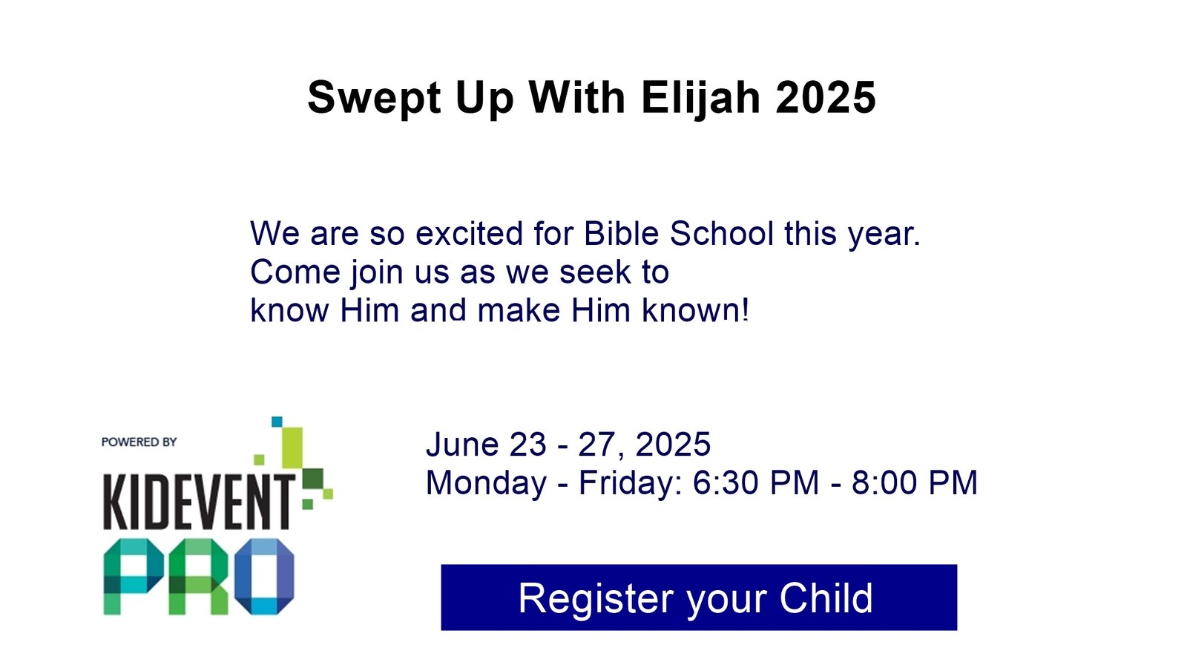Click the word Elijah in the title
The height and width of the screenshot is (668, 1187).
701,97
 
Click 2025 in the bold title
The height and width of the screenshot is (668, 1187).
826,97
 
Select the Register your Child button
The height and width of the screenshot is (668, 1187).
699,597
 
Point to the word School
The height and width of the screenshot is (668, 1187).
721,233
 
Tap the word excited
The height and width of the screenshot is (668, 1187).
469,233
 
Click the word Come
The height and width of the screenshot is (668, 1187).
295,272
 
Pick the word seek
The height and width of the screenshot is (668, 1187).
595,272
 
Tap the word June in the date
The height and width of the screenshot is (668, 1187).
463,444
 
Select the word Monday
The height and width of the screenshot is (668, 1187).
487,483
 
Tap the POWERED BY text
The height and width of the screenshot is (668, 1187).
139,442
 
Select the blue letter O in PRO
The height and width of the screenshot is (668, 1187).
264,577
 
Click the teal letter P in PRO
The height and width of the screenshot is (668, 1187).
134,577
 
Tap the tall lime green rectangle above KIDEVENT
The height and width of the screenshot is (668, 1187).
292,448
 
